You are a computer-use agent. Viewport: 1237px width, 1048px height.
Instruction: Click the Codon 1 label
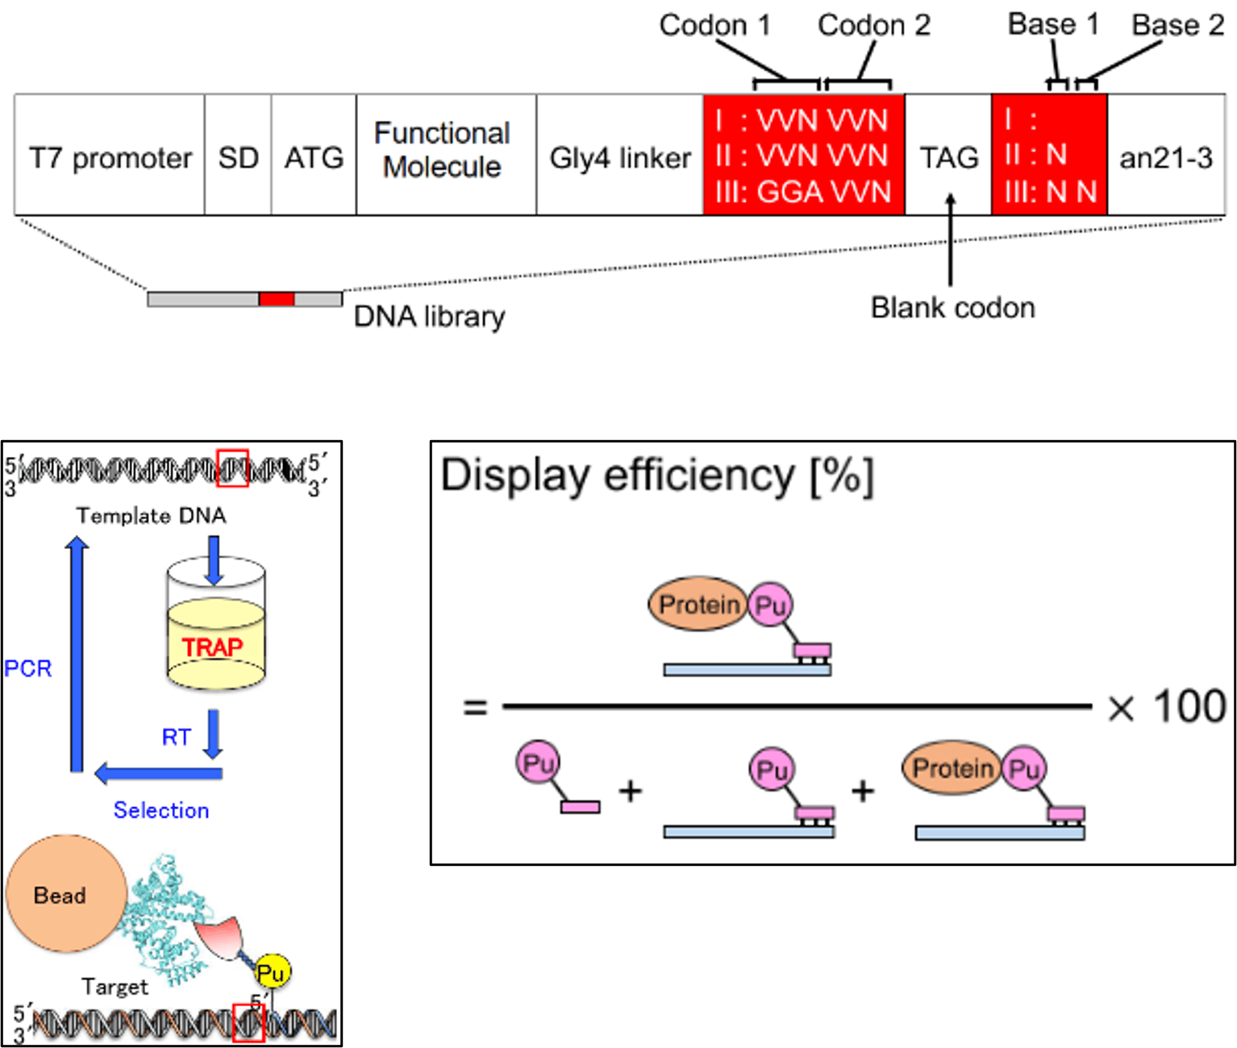(x=714, y=25)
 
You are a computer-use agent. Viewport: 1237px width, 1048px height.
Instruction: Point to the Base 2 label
(x=1177, y=25)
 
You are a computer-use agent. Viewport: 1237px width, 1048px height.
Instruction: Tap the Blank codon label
(x=952, y=307)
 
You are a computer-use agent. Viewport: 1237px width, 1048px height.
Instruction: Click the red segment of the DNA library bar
(x=277, y=299)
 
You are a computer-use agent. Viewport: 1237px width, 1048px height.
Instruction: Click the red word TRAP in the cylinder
(x=212, y=647)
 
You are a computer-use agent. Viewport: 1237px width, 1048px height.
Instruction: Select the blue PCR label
(x=28, y=668)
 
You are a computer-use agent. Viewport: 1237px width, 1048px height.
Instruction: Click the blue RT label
(x=177, y=737)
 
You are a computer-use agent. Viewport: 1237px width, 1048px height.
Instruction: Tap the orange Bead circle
(x=65, y=894)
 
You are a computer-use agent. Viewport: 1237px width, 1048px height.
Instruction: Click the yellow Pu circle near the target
(x=272, y=973)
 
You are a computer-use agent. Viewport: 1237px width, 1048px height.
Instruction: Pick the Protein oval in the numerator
(x=698, y=605)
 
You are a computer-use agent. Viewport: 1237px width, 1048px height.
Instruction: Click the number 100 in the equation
(x=1189, y=706)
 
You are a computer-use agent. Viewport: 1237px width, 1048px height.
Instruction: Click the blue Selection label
(x=161, y=810)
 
